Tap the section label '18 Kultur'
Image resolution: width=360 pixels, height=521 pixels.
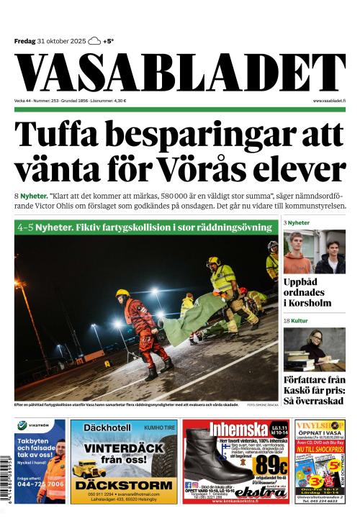297,319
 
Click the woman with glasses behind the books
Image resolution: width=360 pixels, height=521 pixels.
315,345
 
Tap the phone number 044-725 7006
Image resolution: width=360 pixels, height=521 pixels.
40,484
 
